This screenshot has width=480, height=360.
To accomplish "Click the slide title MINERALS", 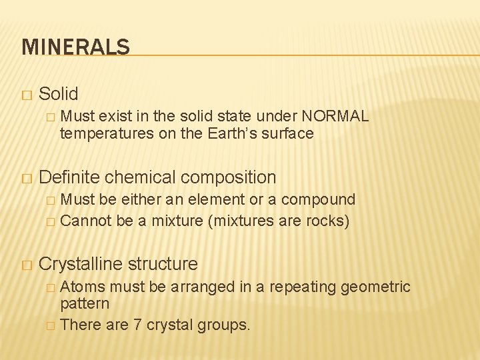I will click(x=75, y=47).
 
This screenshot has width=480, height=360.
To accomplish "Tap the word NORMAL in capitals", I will click(x=337, y=116).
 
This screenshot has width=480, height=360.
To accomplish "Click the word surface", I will click(x=288, y=133).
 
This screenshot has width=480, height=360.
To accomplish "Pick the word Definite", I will click(x=69, y=177).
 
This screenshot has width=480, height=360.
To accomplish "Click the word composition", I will click(x=229, y=177).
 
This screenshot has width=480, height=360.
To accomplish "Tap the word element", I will click(x=223, y=199).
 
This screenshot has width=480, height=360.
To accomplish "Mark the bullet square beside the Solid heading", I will click(x=26, y=95).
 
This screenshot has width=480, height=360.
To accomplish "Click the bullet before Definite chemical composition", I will click(x=26, y=179).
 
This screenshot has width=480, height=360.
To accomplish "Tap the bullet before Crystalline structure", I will click(x=26, y=265).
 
